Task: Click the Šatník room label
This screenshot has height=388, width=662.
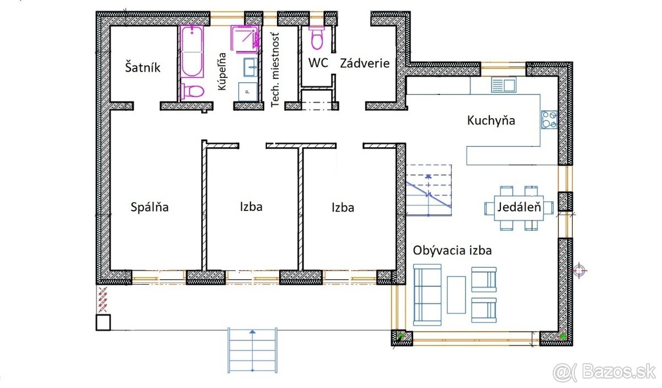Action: click(x=142, y=67)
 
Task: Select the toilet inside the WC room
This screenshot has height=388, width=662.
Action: click(x=317, y=38)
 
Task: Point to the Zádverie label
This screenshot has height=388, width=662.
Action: click(x=364, y=63)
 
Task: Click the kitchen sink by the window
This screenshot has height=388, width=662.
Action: click(x=503, y=85)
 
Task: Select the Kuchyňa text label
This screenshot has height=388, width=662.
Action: click(x=491, y=120)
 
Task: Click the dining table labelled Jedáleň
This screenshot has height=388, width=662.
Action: click(x=518, y=208)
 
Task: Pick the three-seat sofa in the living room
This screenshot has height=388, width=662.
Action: click(x=427, y=294)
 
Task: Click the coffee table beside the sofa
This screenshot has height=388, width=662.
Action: click(x=456, y=294)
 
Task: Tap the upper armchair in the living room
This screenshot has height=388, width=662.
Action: click(x=484, y=279)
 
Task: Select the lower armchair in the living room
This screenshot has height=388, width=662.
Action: click(x=484, y=311)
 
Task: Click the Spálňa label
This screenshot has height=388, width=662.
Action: click(x=150, y=208)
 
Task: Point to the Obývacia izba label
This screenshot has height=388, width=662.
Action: click(x=452, y=250)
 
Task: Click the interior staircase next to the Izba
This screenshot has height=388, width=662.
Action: click(x=429, y=189)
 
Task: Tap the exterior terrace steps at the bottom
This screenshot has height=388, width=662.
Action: click(x=252, y=350)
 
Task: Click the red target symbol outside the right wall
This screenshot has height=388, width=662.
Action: click(x=579, y=270)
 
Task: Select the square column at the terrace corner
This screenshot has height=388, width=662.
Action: click(x=103, y=322)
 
